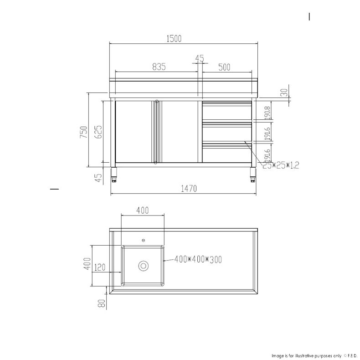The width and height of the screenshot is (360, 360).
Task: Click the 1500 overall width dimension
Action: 174,39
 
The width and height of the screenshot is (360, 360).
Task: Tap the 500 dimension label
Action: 224,67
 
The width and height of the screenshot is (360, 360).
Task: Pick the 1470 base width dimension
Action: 188,189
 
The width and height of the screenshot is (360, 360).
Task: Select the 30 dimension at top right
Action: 283,93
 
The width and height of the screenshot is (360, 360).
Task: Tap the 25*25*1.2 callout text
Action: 281,165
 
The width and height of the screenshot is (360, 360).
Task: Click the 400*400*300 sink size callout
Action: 198,259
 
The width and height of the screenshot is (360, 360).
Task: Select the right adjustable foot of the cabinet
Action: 252,175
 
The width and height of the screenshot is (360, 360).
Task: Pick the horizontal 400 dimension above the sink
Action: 143,211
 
